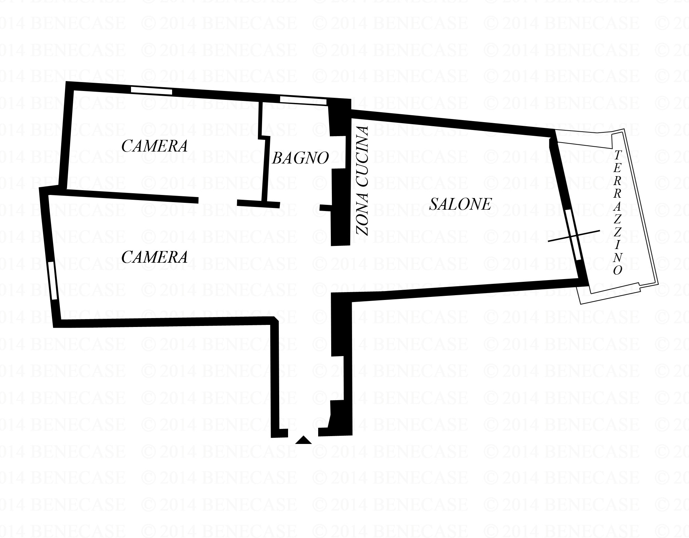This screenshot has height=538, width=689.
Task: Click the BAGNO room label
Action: tap(300, 158)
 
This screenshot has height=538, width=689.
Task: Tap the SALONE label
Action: tap(460, 204)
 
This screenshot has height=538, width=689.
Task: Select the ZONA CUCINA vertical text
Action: tap(362, 181)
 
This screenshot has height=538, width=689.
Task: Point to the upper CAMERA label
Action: tap(155, 146)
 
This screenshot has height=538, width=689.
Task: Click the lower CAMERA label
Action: tap(155, 257)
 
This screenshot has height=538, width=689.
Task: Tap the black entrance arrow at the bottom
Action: tap(303, 440)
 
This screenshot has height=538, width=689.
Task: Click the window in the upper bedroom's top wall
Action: tap(152, 91)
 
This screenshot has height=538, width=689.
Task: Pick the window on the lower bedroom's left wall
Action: tap(52, 280)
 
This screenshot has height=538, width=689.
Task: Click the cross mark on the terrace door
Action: tap(574, 236)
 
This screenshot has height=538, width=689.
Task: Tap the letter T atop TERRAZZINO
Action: tap(617, 155)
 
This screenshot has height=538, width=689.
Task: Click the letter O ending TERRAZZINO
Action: tap(617, 271)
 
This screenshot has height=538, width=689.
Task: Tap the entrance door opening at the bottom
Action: tap(303, 432)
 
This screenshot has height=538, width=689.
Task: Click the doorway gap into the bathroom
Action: tap(300, 206)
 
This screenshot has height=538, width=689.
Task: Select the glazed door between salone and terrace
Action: tap(572, 235)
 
